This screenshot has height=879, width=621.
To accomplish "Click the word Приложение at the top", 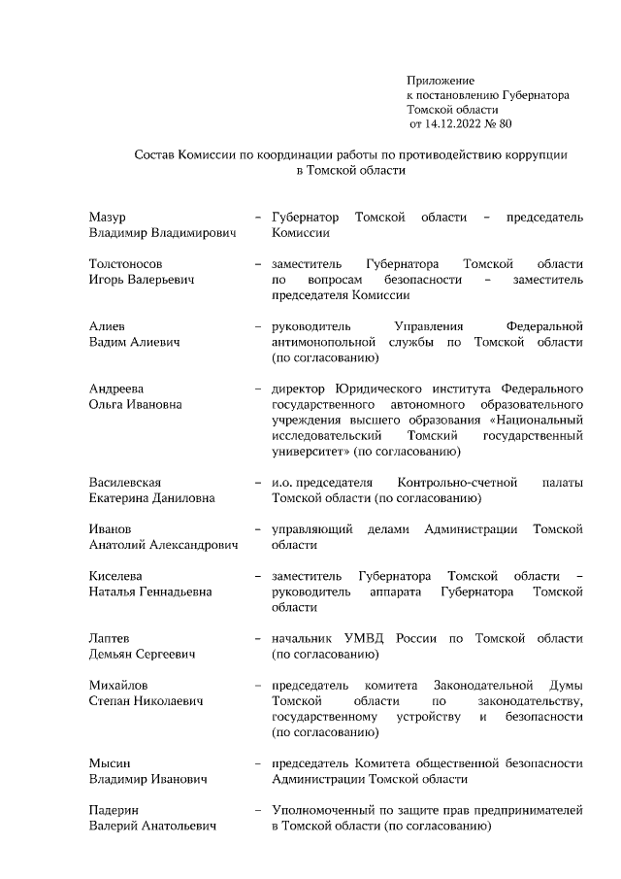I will coord(440,80).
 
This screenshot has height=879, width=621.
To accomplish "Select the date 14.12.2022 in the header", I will coord(456,125).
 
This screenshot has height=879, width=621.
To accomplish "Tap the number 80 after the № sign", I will coord(504,125).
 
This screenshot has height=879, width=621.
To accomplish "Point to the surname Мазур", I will coord(107,217).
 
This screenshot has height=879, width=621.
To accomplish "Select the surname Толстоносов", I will coord(125,263).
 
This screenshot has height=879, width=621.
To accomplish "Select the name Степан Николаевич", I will coord(145,700).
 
